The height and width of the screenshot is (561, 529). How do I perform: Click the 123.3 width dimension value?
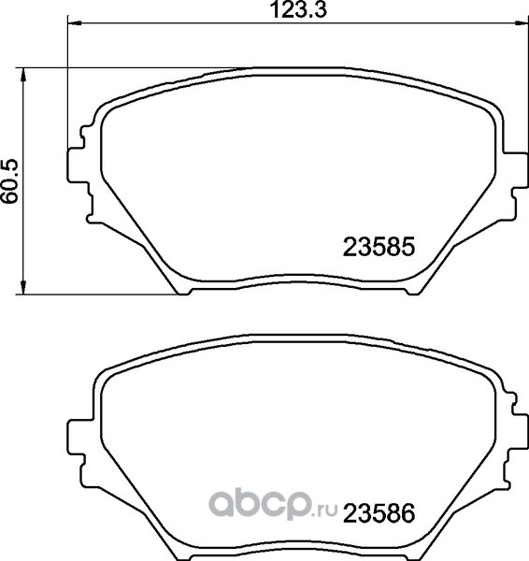pyautogui.click(x=298, y=9)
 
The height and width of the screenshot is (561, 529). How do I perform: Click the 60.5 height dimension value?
pyautogui.click(x=9, y=181)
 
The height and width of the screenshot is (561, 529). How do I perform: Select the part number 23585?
pyautogui.click(x=379, y=247)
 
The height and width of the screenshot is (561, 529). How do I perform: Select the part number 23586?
pyautogui.click(x=379, y=513)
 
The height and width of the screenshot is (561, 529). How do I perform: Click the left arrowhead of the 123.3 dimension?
pyautogui.click(x=75, y=23)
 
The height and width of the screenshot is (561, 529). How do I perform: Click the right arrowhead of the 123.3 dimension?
pyautogui.click(x=522, y=23)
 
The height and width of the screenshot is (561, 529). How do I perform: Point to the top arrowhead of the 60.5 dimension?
pyautogui.click(x=23, y=75)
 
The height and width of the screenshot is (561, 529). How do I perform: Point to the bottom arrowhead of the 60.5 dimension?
pyautogui.click(x=23, y=287)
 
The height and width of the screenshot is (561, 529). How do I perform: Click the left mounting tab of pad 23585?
pyautogui.click(x=77, y=165)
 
